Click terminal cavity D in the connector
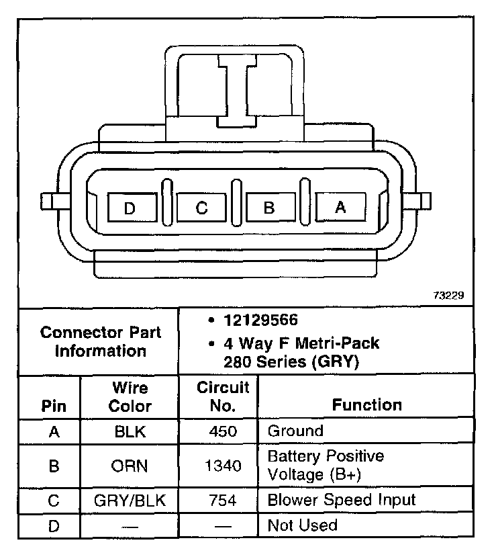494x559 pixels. tap(130, 208)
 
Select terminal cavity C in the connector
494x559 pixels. tap(202, 208)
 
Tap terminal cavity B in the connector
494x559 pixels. tap(269, 208)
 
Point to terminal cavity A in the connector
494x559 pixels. tap(340, 208)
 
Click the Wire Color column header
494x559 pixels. tap(130, 397)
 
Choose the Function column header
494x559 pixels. tap(367, 404)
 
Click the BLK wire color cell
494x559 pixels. tap(130, 431)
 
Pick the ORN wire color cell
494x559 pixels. tap(130, 466)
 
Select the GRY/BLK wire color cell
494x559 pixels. tap(130, 501)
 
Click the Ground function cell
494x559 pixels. tap(295, 431)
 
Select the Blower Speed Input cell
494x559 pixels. tap(342, 500)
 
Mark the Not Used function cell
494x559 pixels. tap(303, 525)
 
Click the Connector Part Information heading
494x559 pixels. tap(101, 341)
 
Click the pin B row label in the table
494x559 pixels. tap(54, 466)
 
